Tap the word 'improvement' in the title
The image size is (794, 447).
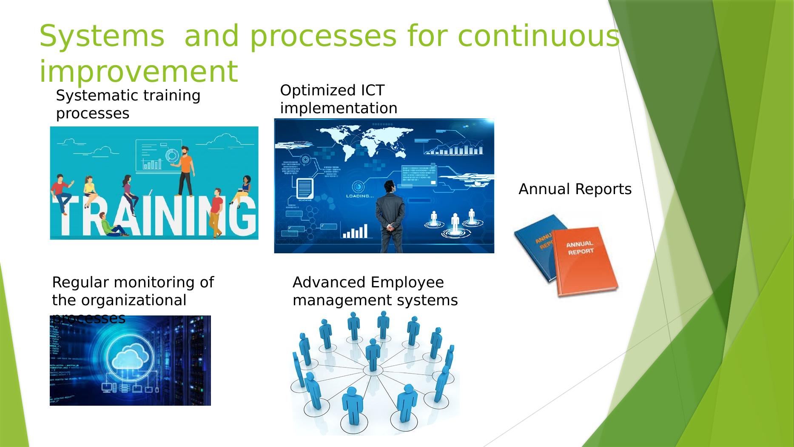pyautogui.click(x=138, y=72)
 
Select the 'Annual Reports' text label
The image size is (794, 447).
pyautogui.click(x=575, y=189)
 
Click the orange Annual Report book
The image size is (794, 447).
pyautogui.click(x=585, y=260)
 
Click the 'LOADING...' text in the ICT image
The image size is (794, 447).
pyautogui.click(x=360, y=196)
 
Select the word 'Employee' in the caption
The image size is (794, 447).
pyautogui.click(x=407, y=282)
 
